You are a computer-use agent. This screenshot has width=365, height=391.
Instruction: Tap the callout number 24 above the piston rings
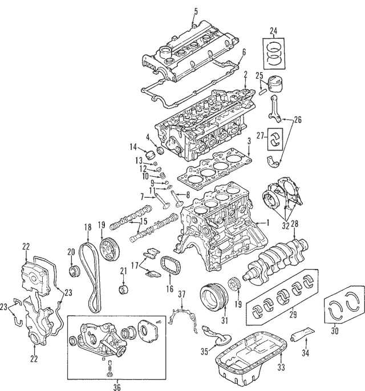(x=273, y=31)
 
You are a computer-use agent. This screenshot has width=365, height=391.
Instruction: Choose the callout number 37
(x=182, y=294)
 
